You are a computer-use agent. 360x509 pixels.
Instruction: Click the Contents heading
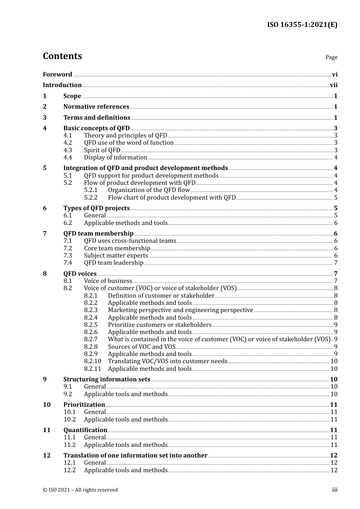pyautogui.click(x=62, y=56)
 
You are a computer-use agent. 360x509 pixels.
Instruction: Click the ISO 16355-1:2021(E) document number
pyautogui.click(x=302, y=25)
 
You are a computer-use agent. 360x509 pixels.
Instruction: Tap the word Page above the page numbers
pyautogui.click(x=331, y=57)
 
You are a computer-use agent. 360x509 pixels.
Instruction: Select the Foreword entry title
pyautogui.click(x=57, y=75)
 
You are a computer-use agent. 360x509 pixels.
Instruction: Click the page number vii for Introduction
pyautogui.click(x=333, y=85)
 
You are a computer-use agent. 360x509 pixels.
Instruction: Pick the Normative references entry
pyautogui.click(x=96, y=107)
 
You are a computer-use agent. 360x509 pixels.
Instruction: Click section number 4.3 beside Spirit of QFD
pyautogui.click(x=67, y=150)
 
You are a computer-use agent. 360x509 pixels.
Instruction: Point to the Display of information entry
pyautogui.click(x=116, y=158)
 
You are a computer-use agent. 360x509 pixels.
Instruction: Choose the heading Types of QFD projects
pyautogui.click(x=96, y=208)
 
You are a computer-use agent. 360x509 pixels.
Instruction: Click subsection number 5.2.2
pyautogui.click(x=91, y=198)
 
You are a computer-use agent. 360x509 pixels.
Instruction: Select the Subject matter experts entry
pyautogui.click(x=116, y=256)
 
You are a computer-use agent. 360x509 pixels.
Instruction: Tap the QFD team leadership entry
pyautogui.click(x=114, y=263)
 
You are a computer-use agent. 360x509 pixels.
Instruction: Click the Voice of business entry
pyautogui.click(x=108, y=281)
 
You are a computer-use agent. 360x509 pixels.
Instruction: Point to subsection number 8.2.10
pyautogui.click(x=92, y=361)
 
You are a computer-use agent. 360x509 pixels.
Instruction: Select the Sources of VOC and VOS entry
pyautogui.click(x=142, y=347)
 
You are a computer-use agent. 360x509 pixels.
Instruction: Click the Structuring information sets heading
pyautogui.click(x=107, y=379)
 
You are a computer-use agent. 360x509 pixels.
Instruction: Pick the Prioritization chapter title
pyautogui.click(x=84, y=405)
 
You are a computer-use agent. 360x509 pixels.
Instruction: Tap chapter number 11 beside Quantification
pyautogui.click(x=47, y=430)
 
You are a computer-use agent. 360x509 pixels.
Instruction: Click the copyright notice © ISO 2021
pyautogui.click(x=80, y=490)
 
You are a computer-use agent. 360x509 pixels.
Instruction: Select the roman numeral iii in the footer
pyautogui.click(x=335, y=490)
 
